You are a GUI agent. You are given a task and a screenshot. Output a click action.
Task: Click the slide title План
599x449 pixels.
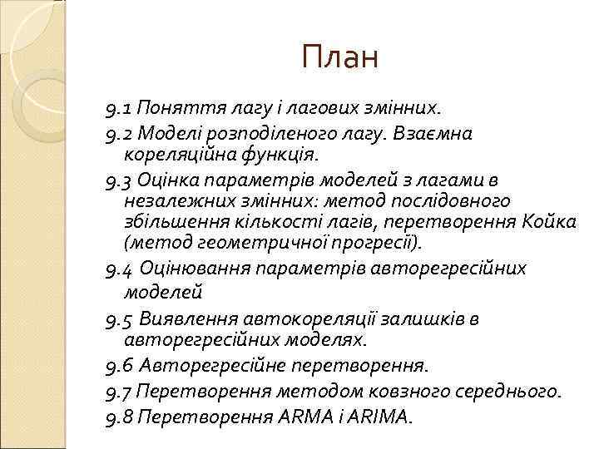pos(340,57)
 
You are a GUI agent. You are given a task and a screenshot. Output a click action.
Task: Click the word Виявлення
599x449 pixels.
pos(189,318)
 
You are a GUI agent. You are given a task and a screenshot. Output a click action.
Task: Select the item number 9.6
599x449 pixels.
pos(120,366)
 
